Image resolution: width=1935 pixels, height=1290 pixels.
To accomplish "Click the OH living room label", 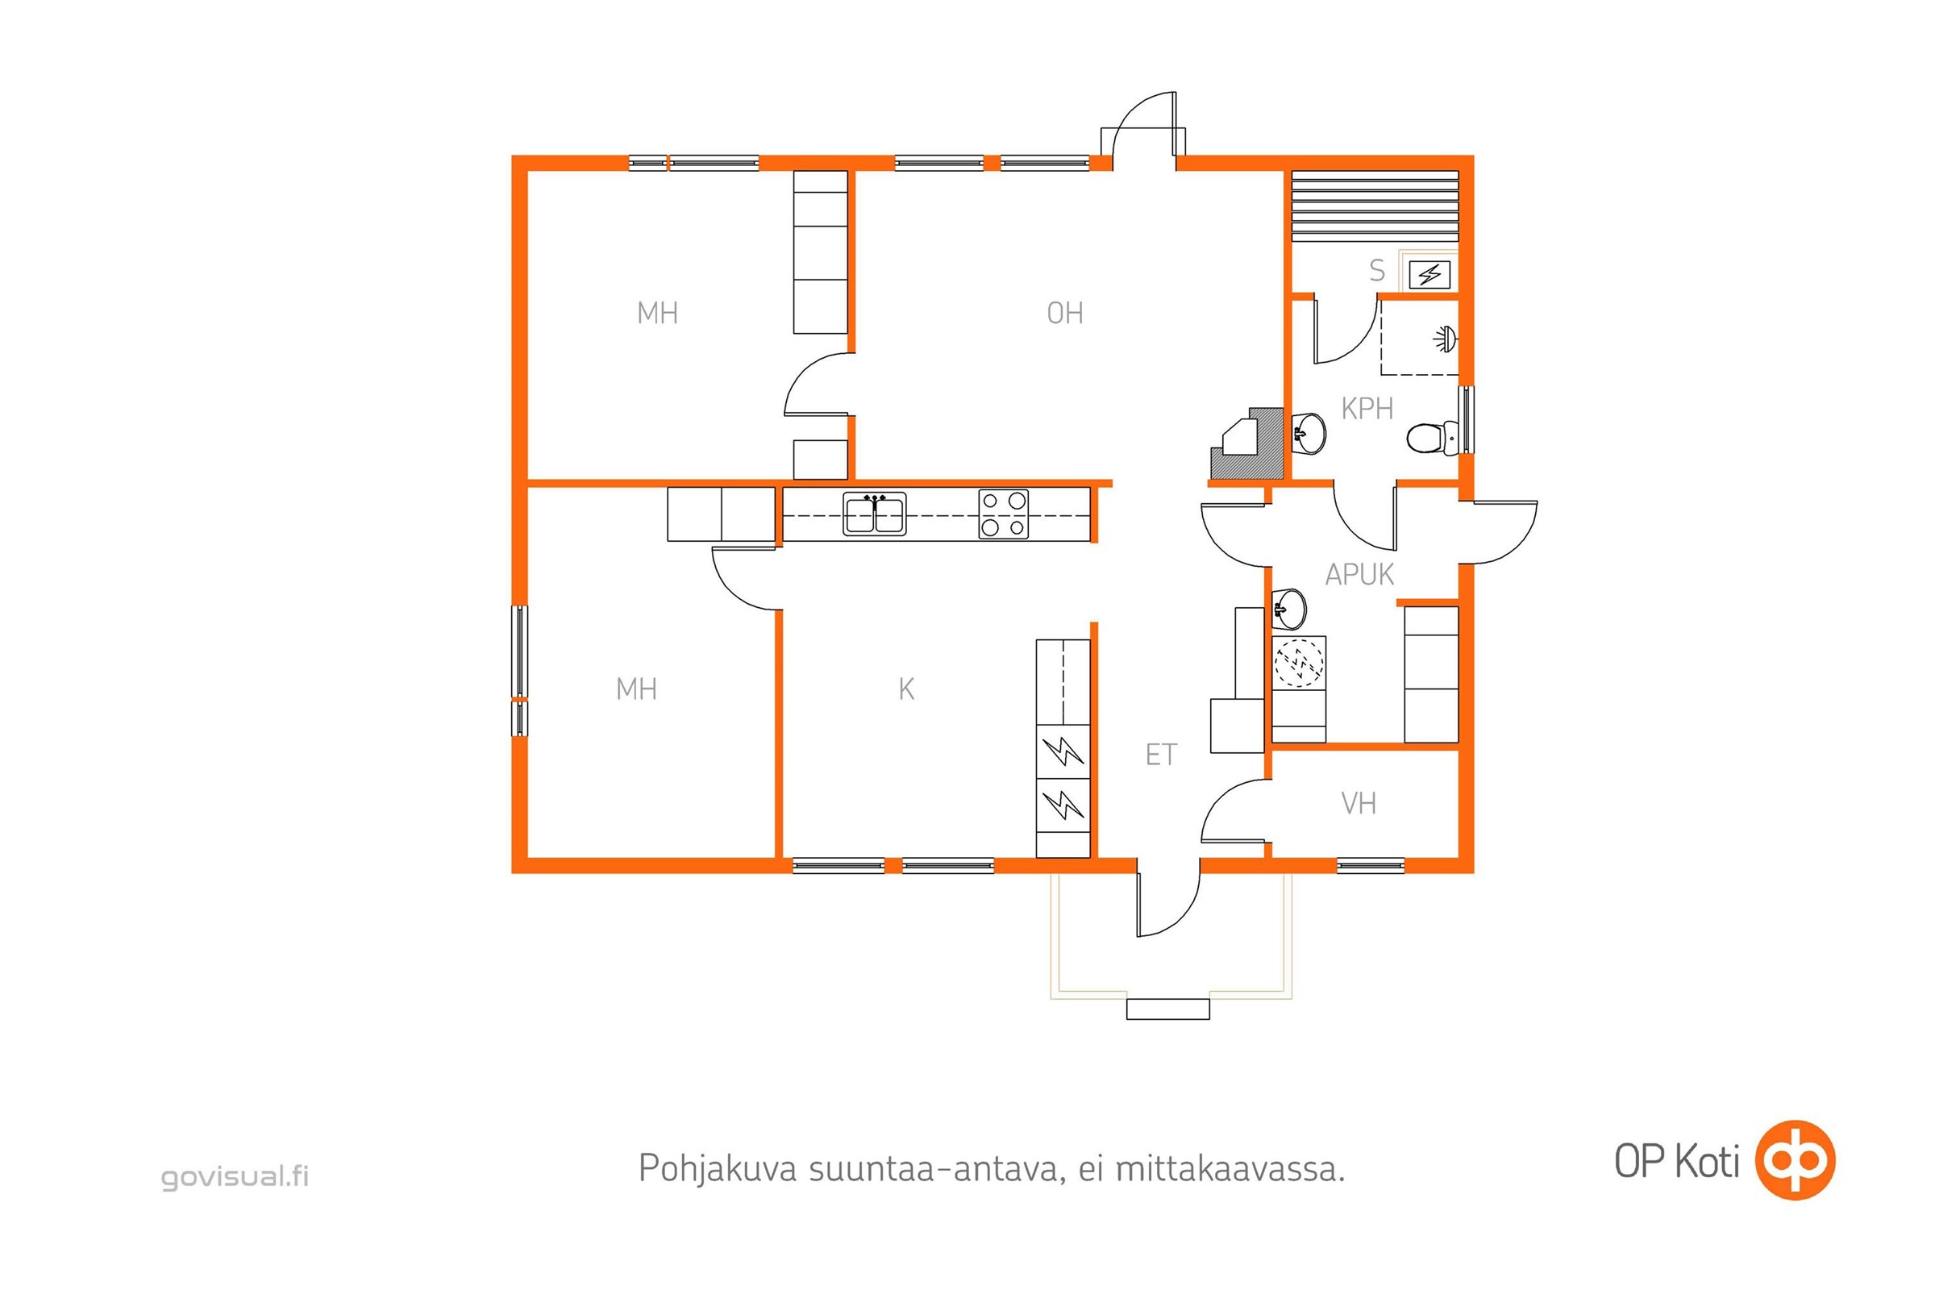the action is point(1064,313).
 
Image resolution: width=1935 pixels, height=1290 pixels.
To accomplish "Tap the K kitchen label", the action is point(905,689).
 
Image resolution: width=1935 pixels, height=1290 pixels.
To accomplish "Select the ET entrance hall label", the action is point(1161,755).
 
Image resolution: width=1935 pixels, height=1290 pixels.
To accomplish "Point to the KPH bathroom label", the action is point(1367,408).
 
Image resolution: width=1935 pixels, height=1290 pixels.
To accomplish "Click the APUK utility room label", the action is point(1359,574).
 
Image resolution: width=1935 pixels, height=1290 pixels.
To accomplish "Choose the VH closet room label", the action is point(1359,803).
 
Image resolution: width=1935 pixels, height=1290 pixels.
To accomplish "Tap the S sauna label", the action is point(1377,270).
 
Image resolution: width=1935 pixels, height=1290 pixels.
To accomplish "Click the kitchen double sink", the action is point(874,514).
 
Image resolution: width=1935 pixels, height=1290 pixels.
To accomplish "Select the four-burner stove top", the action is point(1003,514).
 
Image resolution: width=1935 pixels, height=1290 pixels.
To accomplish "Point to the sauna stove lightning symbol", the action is point(1429,275).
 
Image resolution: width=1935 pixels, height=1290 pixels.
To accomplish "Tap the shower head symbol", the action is point(1446,338).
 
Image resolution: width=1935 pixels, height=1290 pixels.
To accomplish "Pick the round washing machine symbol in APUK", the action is point(1298,662).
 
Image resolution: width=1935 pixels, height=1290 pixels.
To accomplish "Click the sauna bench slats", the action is point(1374,206).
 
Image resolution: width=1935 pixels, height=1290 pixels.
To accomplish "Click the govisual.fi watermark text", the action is point(235,1176).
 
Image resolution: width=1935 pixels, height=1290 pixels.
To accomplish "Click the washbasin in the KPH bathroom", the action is point(1309,434).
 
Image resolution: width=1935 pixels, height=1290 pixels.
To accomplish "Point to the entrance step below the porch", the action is point(1167,1009).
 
